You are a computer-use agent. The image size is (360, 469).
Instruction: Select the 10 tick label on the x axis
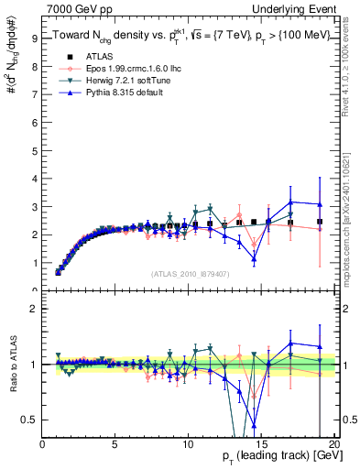(187, 444)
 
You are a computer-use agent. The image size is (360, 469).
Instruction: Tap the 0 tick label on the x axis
(42, 444)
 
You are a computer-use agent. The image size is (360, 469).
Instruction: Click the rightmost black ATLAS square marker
(320, 222)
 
